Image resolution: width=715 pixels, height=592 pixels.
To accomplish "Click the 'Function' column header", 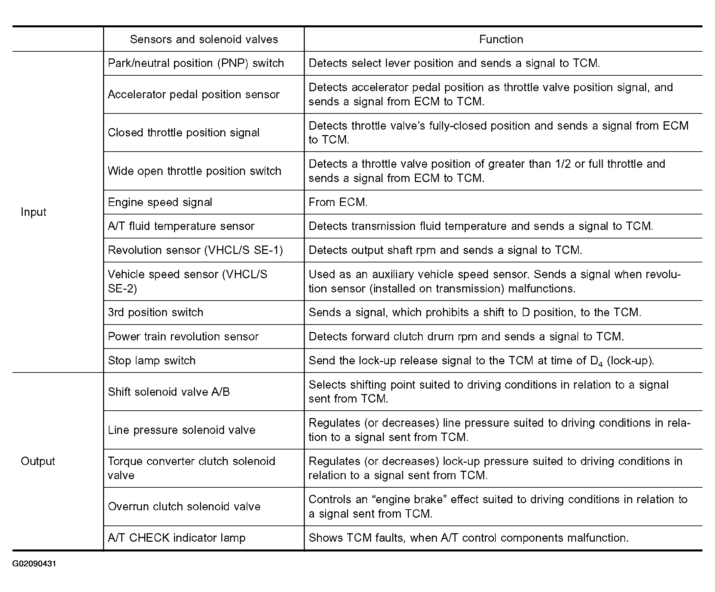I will (501, 40).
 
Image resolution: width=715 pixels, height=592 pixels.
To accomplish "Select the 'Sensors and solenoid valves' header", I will (204, 40).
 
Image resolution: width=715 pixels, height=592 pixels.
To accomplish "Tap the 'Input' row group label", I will (33, 212).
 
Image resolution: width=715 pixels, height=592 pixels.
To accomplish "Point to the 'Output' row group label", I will (38, 461).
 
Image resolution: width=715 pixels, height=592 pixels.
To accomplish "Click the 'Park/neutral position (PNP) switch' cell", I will (196, 63).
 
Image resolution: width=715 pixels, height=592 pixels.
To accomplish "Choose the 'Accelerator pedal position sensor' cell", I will (194, 95).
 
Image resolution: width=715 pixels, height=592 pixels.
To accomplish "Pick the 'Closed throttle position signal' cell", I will (183, 133).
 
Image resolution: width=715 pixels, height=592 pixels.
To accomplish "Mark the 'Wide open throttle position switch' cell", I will (194, 171).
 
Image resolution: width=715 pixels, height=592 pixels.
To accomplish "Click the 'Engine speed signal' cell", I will (160, 202).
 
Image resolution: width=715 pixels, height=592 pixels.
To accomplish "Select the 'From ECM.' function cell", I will (338, 202).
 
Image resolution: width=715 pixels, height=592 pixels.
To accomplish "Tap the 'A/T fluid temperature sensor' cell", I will (181, 226).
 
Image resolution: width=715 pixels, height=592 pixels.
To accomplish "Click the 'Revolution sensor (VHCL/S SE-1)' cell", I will (195, 250).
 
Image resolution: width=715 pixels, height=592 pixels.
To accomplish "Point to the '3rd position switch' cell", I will (155, 312).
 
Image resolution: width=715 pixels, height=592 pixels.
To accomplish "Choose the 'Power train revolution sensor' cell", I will (183, 336).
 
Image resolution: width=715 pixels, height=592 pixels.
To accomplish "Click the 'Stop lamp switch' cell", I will (152, 361).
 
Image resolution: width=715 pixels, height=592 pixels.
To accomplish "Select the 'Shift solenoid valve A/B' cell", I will (169, 392).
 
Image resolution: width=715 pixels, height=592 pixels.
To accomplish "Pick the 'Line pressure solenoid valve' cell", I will (181, 430).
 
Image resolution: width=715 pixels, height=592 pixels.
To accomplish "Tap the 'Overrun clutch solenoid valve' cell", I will (184, 507).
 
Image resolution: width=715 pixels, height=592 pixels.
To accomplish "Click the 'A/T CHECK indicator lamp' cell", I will (177, 538).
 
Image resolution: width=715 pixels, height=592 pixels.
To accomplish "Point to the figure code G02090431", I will (34, 564).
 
